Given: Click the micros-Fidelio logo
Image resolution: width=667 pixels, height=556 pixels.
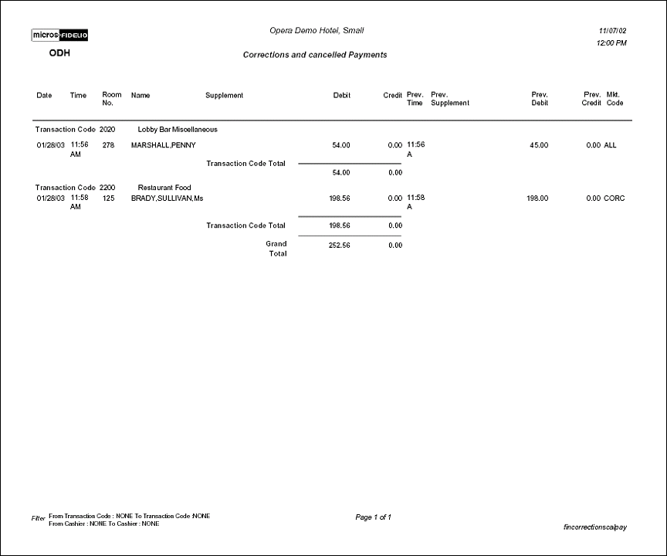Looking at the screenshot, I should pos(59,36).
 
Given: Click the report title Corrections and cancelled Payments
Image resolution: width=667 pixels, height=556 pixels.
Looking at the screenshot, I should pos(315,55).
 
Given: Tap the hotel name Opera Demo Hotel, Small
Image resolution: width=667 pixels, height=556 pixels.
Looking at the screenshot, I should pos(317,31).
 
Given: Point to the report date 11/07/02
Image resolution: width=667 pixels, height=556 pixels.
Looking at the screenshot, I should pos(612,31).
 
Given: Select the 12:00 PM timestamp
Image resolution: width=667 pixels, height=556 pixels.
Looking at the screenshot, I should pos(611,43).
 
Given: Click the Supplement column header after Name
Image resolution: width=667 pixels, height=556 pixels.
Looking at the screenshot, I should pos(224,96).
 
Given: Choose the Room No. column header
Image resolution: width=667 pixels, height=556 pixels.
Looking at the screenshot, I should pos(112,99).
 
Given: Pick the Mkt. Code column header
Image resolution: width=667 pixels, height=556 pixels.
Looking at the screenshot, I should pos(615,99).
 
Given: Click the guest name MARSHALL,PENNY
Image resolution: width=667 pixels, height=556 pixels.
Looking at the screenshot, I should pos(163,145).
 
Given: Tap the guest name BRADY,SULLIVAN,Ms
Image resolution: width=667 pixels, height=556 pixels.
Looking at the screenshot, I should pos(167,198).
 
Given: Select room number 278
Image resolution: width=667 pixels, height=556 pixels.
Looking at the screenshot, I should pos(108,145).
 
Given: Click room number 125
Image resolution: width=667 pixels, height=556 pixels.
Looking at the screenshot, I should pos(108,198).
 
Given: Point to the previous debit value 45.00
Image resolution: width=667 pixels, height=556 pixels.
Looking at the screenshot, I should pos(539,145).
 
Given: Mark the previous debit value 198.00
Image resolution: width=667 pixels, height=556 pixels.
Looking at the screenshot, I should pos(537,198).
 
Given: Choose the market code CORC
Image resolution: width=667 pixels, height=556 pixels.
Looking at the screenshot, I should pos(615,198).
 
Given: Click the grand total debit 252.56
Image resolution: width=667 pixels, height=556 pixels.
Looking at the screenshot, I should pos(340,246).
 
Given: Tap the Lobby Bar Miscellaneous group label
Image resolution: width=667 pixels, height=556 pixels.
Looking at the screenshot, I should pos(178,130).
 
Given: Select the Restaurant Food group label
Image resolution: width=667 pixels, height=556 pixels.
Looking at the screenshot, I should pos(164,188).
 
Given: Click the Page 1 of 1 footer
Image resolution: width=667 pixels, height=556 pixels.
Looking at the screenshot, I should pos(374,517).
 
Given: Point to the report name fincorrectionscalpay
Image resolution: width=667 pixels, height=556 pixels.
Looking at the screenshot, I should pos(595,527).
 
